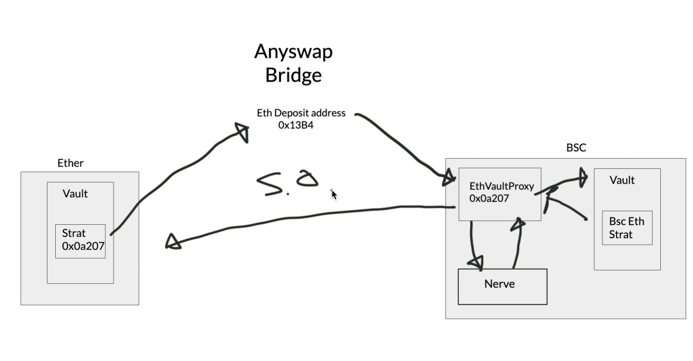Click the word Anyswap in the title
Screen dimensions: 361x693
pos(293,51)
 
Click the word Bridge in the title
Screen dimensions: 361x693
pos(293,75)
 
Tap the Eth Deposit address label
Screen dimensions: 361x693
pos(301,113)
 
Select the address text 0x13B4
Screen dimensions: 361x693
pos(296,125)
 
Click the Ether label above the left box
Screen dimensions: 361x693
pos(71,163)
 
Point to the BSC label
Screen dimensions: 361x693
pos(576,148)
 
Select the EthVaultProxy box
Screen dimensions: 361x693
pos(500,193)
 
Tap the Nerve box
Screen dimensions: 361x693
pos(502,286)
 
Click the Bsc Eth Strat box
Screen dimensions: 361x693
pos(627,227)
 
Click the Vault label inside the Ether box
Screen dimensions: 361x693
pos(75,193)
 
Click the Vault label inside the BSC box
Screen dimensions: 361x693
pos(622,180)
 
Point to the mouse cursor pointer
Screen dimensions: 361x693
pos(334,194)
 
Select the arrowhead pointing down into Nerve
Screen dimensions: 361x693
pos(476,261)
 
